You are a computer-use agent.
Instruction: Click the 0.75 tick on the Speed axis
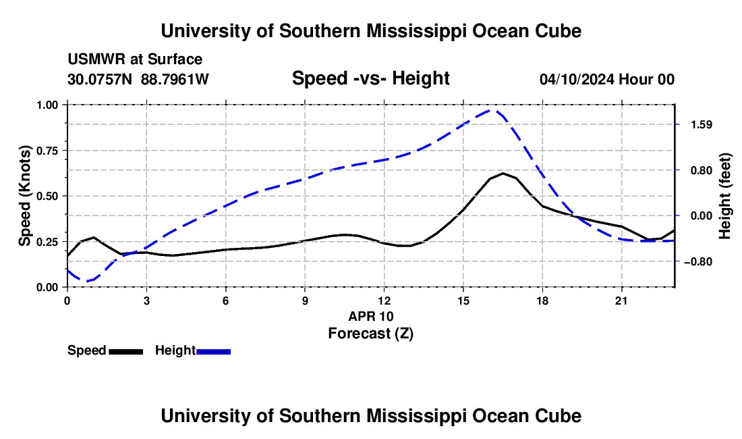(47, 151)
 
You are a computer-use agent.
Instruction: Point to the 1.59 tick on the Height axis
(702, 124)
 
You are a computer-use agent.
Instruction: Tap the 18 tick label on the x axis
(542, 301)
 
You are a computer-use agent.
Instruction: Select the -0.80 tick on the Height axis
(698, 261)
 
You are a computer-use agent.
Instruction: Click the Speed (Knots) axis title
(24, 196)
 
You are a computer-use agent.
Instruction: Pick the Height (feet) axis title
(725, 196)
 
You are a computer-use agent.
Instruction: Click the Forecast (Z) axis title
(370, 334)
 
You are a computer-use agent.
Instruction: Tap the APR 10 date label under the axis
(371, 316)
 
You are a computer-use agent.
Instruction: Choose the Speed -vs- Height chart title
(370, 78)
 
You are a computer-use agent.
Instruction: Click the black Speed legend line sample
(126, 351)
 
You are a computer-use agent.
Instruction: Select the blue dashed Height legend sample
(213, 351)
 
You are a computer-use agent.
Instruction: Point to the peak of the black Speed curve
(503, 174)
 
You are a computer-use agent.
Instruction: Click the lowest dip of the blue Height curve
(85, 281)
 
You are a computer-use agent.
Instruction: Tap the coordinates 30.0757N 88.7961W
(138, 79)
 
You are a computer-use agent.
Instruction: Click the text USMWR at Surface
(135, 59)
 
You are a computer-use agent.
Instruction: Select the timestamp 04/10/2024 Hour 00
(607, 79)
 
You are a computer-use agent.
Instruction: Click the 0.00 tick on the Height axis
(702, 216)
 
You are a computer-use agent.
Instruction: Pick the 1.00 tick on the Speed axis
(47, 105)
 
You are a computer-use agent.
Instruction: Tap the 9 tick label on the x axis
(305, 301)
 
